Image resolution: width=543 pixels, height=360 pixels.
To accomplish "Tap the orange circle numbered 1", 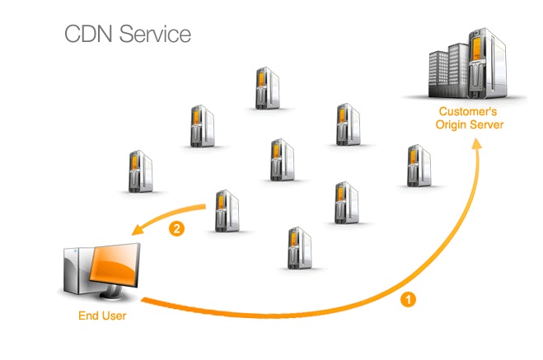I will (408, 300).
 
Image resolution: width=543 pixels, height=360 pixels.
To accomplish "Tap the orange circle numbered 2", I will (175, 229).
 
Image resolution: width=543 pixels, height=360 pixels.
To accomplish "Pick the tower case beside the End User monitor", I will (71, 273).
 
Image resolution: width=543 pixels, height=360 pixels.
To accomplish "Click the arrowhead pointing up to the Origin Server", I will (476, 144).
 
